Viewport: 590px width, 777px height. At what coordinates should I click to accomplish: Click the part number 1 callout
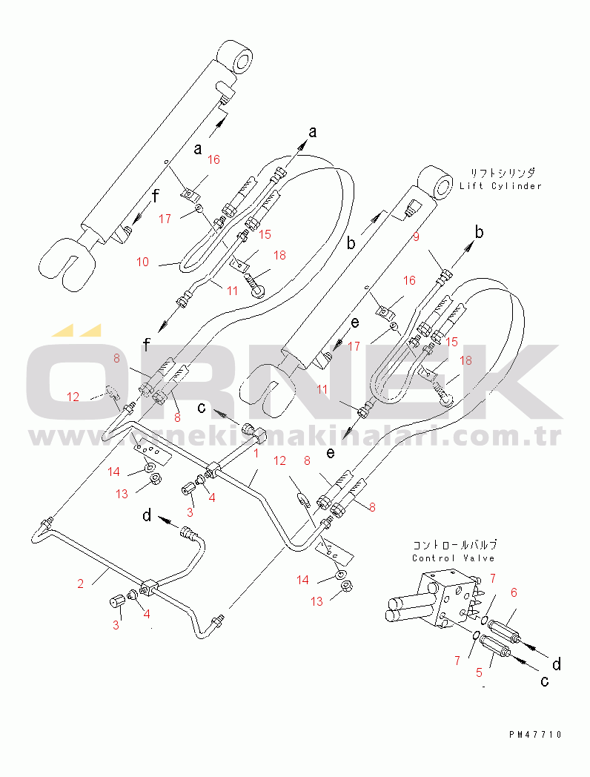(256, 452)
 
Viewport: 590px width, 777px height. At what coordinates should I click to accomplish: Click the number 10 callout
(143, 262)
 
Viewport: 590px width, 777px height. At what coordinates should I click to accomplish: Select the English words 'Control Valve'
(454, 558)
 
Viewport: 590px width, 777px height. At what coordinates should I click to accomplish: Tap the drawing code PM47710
(535, 734)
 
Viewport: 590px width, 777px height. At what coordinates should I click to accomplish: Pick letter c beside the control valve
(545, 681)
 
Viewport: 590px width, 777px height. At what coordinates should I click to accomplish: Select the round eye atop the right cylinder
(437, 183)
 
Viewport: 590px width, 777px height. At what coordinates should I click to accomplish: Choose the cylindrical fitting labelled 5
(494, 647)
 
